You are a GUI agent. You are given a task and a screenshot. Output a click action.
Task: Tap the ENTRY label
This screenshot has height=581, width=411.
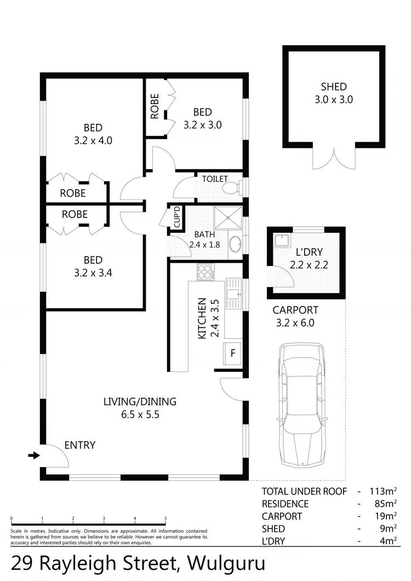(79, 445)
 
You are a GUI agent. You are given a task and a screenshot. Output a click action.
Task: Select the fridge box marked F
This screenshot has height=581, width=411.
(232, 353)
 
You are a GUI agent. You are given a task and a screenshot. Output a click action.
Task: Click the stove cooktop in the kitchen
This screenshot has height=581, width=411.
(205, 272)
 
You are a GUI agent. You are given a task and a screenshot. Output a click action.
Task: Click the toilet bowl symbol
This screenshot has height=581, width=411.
(231, 188)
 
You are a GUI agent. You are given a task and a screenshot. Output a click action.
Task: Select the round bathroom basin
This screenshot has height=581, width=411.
(235, 244)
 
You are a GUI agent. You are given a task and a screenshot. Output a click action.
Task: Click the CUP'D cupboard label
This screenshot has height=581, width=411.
(177, 217)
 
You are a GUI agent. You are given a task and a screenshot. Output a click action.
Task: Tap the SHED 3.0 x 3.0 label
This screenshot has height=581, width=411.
(333, 93)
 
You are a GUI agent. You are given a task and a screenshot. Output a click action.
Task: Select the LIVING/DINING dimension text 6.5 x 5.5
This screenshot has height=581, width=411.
(140, 415)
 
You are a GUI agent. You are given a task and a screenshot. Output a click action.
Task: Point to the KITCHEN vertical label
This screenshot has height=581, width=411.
(202, 318)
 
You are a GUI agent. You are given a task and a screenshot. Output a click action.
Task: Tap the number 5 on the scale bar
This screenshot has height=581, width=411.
(165, 520)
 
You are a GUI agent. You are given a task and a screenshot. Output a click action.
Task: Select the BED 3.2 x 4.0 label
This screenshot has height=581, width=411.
(93, 134)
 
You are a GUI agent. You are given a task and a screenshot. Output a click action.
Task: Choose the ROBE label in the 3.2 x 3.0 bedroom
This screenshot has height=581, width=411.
(155, 107)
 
